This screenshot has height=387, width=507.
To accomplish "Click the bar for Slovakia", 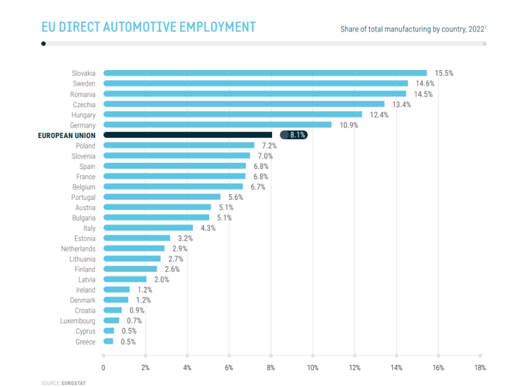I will (x=265, y=73).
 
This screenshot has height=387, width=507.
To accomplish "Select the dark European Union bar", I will (x=188, y=135).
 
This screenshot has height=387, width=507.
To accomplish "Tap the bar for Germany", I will (x=217, y=125).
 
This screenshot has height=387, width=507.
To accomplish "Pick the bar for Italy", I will (x=148, y=228).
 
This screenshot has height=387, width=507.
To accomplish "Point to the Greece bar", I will (x=108, y=342).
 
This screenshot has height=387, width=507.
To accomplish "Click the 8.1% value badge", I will (x=297, y=135).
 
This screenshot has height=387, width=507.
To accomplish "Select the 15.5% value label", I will (x=444, y=73).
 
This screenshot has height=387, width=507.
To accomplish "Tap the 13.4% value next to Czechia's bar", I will (x=401, y=104).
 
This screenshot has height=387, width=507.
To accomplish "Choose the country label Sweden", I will (x=84, y=83).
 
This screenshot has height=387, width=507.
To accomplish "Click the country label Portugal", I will (x=83, y=197).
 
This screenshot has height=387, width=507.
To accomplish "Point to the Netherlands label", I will (x=79, y=248).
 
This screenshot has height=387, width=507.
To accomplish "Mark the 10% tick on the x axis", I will (x=312, y=367).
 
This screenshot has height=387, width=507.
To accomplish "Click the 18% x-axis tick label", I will (x=480, y=367).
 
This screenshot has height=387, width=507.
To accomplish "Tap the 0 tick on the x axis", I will (x=103, y=367).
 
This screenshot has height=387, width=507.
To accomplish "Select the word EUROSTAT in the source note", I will (x=73, y=383).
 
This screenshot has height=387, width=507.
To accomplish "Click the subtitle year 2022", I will (x=476, y=30).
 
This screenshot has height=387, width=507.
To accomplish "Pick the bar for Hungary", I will (x=232, y=115).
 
